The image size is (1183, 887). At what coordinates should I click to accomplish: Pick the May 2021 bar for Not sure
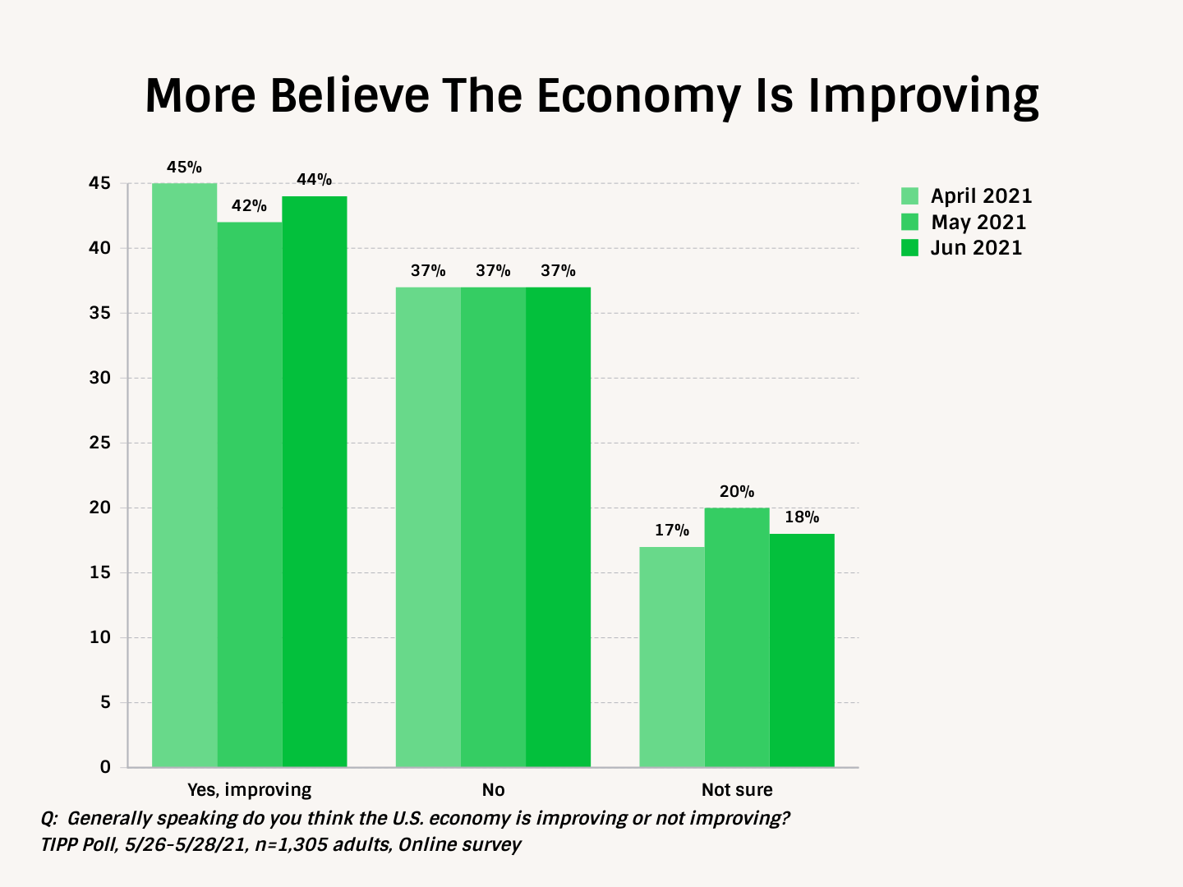click(737, 637)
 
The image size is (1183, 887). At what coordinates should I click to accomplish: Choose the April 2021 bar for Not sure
click(672, 657)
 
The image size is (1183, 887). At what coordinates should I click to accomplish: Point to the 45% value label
click(184, 168)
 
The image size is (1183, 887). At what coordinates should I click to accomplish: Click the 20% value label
click(737, 492)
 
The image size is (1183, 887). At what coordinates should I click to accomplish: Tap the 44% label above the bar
click(314, 180)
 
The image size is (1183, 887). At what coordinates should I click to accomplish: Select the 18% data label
click(802, 517)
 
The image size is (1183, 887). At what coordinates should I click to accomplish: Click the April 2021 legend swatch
click(909, 196)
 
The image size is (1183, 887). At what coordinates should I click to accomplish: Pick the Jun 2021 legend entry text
click(976, 248)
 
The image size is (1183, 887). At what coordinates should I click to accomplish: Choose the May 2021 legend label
click(978, 223)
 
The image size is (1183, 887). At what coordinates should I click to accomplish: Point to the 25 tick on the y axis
click(100, 443)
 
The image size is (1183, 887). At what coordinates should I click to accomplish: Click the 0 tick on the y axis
click(105, 767)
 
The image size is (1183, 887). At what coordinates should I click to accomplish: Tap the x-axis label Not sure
click(737, 790)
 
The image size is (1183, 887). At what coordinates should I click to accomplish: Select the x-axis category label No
click(493, 790)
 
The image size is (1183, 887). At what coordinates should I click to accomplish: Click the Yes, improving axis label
click(250, 790)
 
